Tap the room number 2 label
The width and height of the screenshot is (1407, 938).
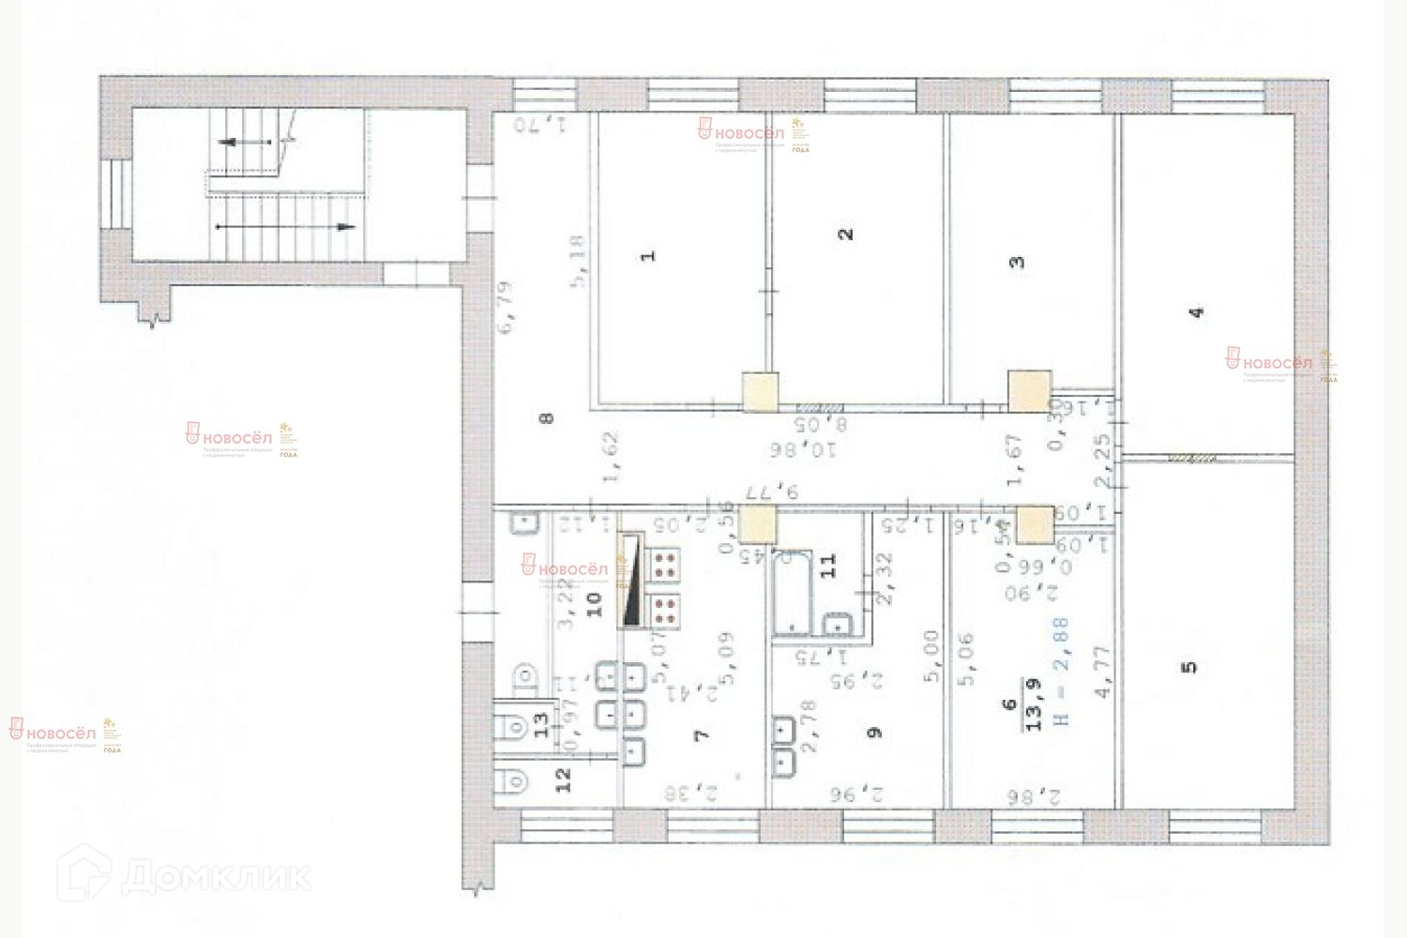(846, 234)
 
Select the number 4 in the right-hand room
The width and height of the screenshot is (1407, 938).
(1195, 313)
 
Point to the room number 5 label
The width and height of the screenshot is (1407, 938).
(1189, 668)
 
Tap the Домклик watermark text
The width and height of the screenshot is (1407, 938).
(216, 875)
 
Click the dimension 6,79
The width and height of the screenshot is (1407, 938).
(507, 308)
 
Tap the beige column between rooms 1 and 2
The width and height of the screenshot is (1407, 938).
(760, 392)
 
